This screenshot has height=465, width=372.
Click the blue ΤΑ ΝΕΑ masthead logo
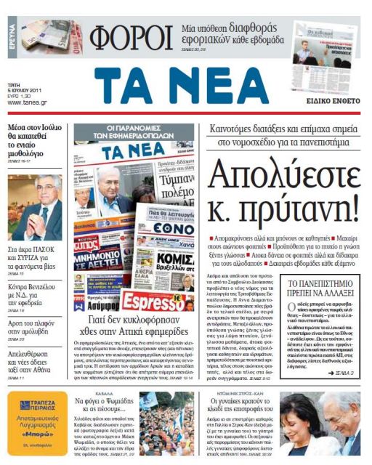pyautogui.click(x=181, y=86)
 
